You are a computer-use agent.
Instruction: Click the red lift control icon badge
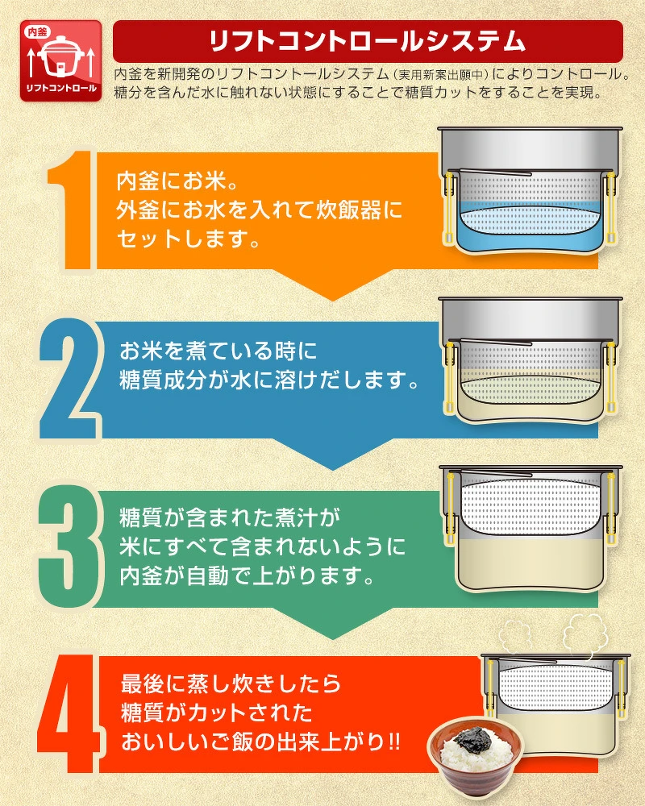60,60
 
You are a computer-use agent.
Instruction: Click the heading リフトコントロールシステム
368,41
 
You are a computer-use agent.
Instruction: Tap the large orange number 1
73,210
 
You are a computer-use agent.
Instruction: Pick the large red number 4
68,714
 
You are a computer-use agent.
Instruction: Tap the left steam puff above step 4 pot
518,635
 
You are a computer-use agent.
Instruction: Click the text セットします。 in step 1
188,239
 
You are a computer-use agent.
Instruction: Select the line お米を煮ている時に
218,351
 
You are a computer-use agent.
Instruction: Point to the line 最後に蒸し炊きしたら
231,684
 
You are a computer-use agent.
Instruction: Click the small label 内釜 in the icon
37,32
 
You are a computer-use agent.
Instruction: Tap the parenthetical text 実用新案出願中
442,75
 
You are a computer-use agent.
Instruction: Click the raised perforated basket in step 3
531,506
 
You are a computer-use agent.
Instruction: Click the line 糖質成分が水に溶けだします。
269,381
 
